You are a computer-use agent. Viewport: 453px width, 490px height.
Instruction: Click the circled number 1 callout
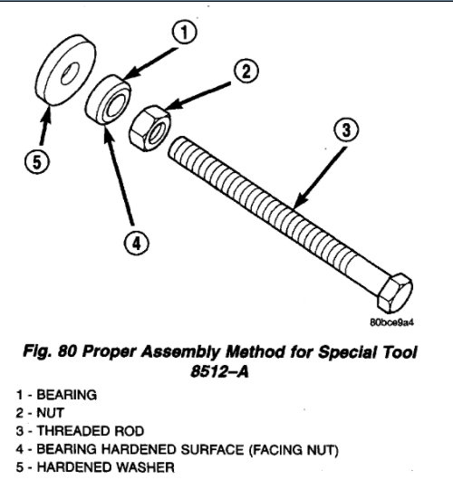184,35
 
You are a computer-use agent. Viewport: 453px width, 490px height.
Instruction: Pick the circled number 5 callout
36,162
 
